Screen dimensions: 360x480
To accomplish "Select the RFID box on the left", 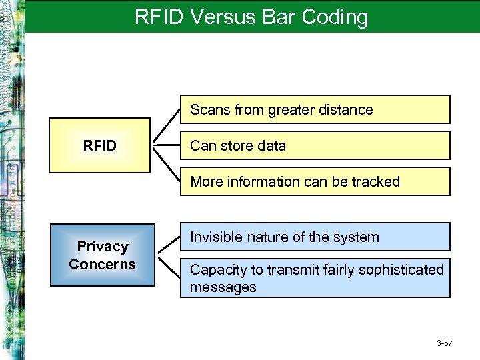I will point(100,145).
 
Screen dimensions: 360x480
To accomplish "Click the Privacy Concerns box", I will point(102,255).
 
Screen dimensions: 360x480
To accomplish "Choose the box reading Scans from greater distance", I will point(315,109).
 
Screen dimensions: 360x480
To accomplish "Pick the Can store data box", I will point(315,145).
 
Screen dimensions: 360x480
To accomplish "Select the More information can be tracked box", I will point(315,181).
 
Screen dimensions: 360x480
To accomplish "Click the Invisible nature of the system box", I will point(315,237).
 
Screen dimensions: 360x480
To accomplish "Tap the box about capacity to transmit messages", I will point(315,278).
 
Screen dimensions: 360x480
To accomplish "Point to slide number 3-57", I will point(445,343).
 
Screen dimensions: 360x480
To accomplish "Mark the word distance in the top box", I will point(345,109).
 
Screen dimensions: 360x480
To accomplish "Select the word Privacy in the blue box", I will point(102,247).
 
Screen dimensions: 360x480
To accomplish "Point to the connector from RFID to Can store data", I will point(167,145).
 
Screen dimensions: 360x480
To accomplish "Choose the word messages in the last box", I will point(223,287).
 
